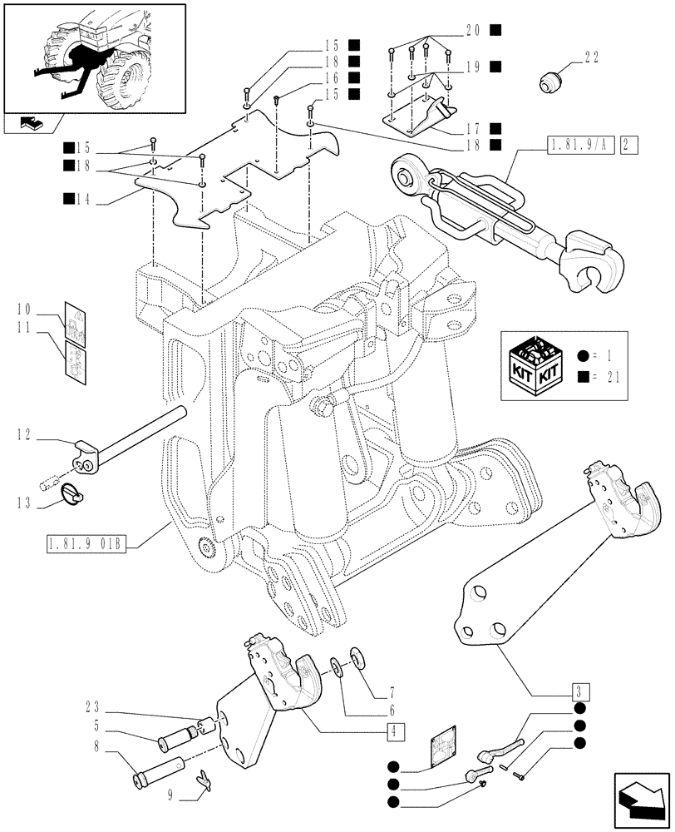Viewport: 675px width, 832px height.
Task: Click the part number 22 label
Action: (591, 57)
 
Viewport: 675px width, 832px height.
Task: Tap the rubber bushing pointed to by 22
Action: (549, 82)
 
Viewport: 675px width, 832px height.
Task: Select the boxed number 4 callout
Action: (390, 731)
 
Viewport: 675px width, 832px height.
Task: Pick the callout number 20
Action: (472, 30)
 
